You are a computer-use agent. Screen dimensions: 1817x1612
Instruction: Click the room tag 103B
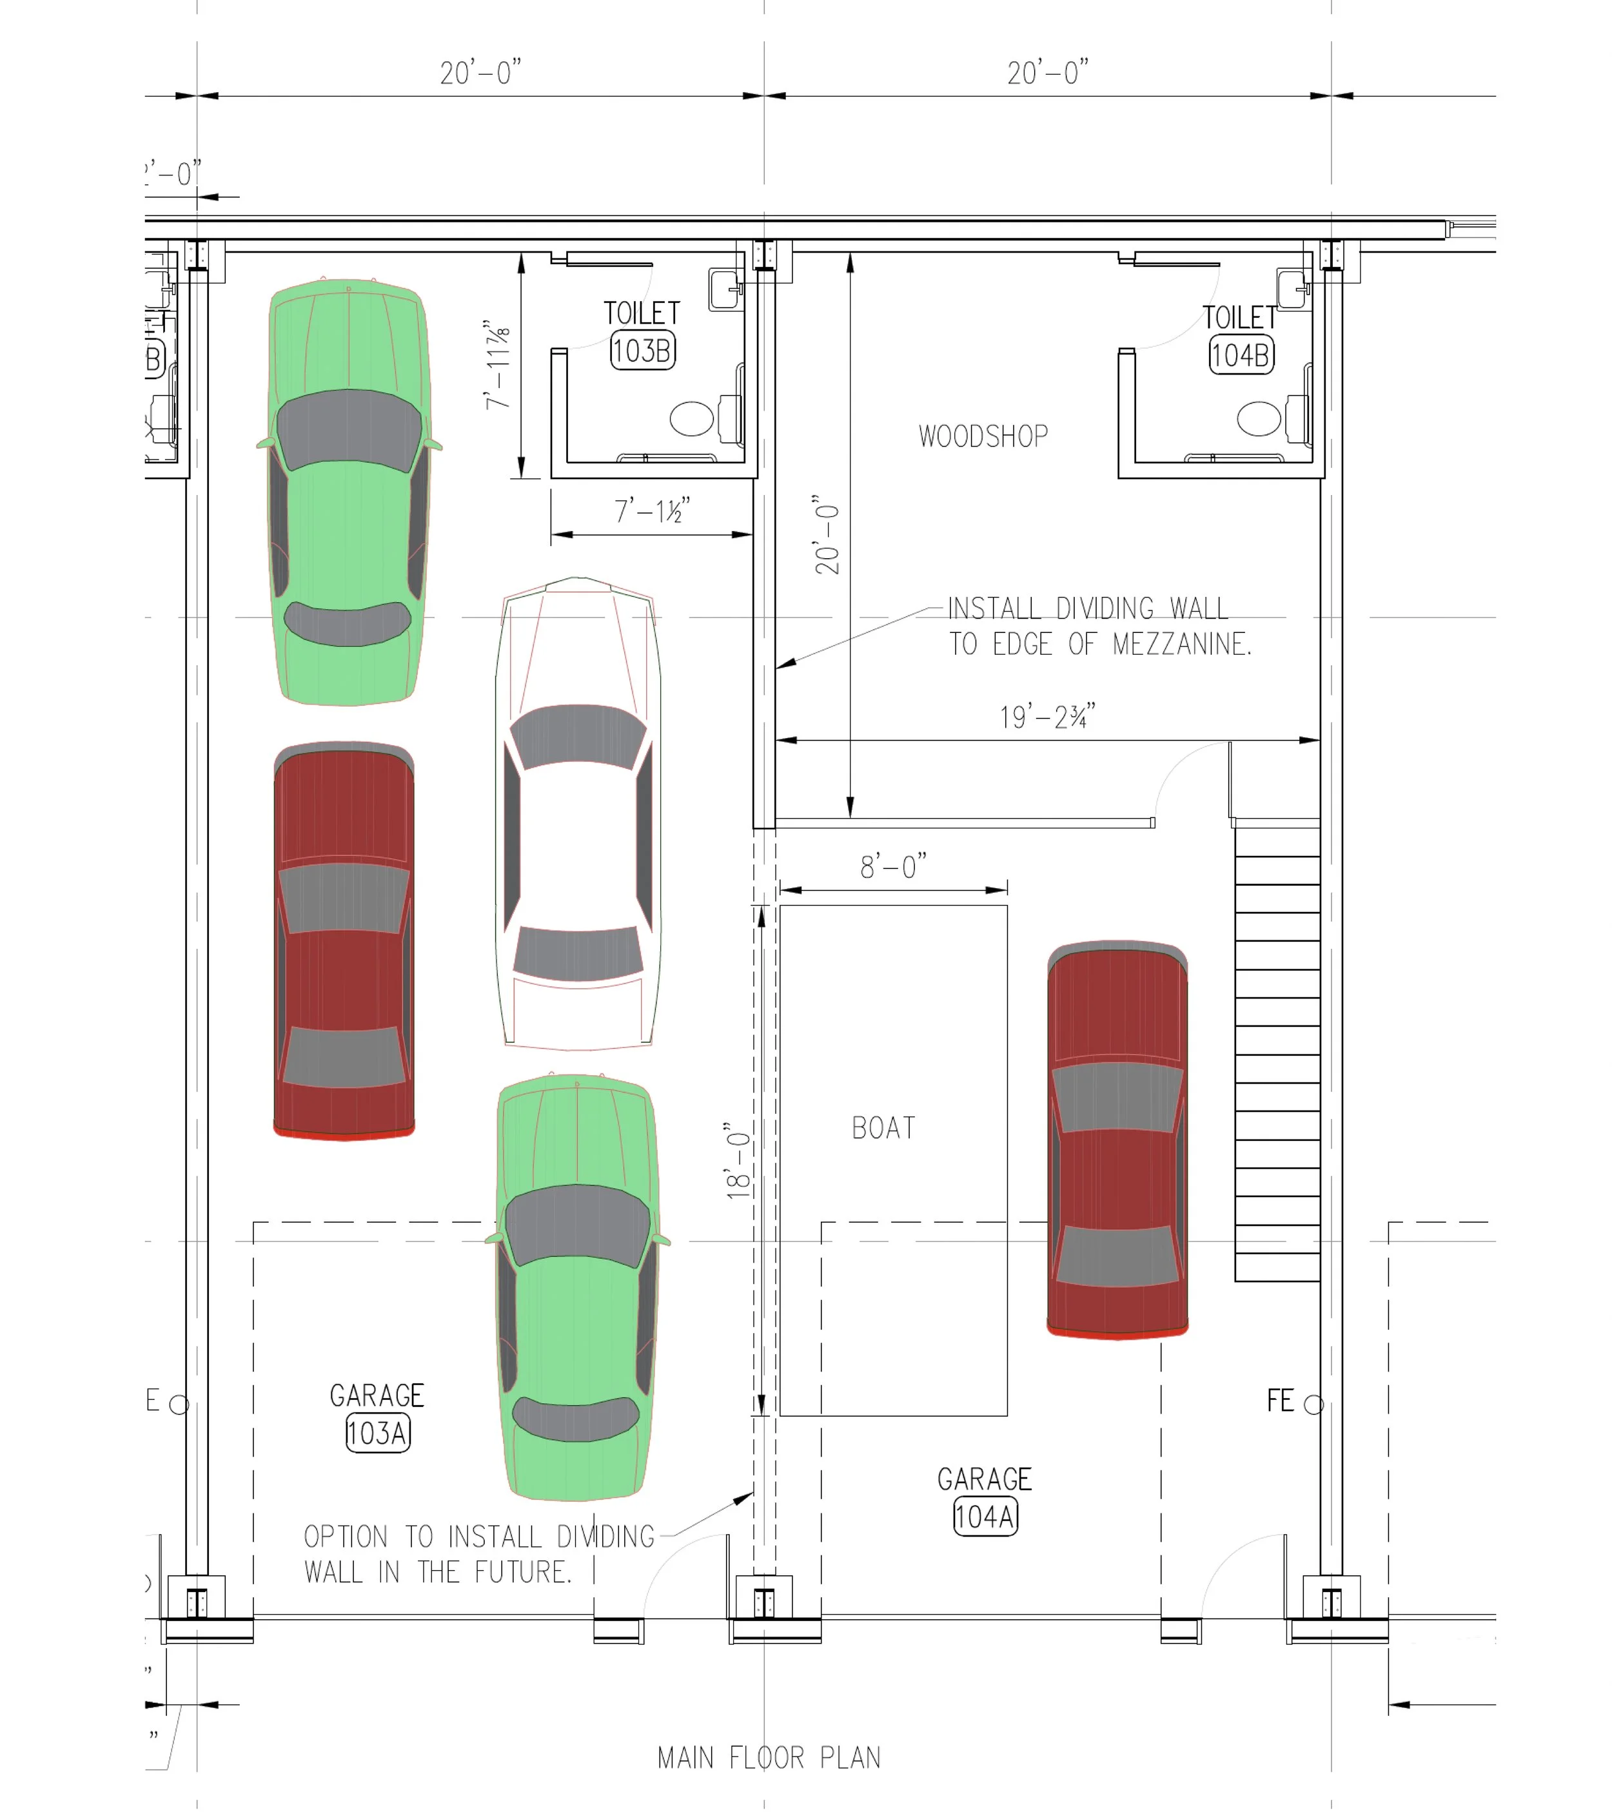coord(642,350)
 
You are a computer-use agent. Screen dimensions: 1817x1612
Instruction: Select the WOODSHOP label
coord(983,436)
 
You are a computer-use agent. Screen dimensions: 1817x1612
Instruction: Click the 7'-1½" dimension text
coord(652,511)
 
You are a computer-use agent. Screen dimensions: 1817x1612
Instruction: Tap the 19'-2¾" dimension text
coord(1047,717)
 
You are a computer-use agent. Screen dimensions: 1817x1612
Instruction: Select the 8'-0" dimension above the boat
coord(892,866)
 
